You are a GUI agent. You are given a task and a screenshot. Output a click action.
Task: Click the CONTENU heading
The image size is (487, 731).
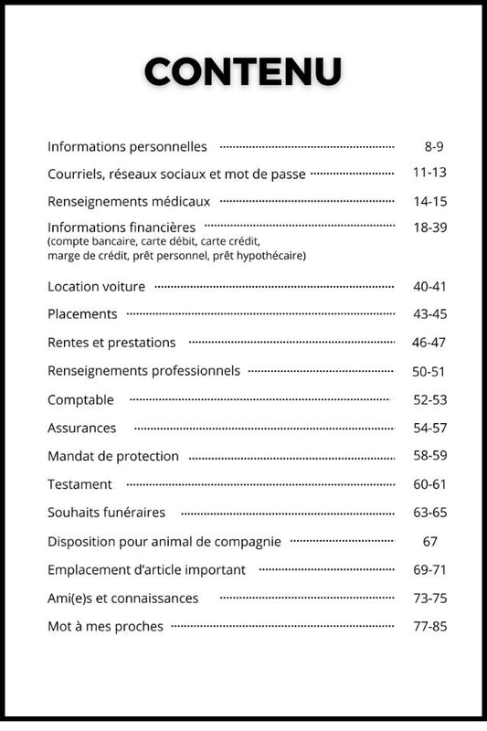pyautogui.click(x=243, y=70)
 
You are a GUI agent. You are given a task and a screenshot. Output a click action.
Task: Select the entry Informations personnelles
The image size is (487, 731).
pyautogui.click(x=127, y=146)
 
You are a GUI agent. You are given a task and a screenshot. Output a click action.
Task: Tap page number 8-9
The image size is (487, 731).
pyautogui.click(x=434, y=146)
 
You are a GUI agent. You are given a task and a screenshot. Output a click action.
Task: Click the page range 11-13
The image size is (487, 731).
pyautogui.click(x=429, y=172)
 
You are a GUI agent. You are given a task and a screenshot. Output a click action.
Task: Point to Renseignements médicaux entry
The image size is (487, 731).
pyautogui.click(x=129, y=201)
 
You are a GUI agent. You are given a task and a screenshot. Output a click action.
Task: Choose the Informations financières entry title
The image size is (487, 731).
pyautogui.click(x=122, y=227)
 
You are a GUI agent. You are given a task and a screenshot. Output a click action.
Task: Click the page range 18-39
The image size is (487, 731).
pyautogui.click(x=429, y=227)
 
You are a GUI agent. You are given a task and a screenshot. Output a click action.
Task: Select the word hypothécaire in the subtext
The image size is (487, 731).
pyautogui.click(x=271, y=256)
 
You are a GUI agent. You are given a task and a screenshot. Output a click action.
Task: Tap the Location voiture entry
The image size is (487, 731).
pyautogui.click(x=96, y=286)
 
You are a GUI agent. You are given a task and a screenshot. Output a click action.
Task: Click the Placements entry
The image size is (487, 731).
pyautogui.click(x=82, y=313)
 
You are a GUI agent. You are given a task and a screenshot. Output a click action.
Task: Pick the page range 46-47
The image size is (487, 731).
pyautogui.click(x=429, y=343)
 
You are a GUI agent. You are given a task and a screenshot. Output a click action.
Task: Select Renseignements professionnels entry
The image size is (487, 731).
pyautogui.click(x=143, y=371)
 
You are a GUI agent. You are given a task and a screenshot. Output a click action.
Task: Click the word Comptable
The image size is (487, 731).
pyautogui.click(x=80, y=399)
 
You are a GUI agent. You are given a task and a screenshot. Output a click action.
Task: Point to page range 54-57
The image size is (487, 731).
pyautogui.click(x=429, y=428)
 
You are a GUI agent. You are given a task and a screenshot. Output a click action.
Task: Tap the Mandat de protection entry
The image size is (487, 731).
pyautogui.click(x=113, y=456)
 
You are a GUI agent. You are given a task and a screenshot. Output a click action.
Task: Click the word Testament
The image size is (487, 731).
pyautogui.click(x=79, y=484)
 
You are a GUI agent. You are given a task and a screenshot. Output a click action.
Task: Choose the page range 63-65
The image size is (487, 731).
pyautogui.click(x=429, y=513)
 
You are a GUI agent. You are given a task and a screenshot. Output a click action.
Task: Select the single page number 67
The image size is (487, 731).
pyautogui.click(x=430, y=541)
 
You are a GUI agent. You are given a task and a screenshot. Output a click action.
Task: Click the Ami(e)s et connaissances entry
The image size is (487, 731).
pyautogui.click(x=122, y=598)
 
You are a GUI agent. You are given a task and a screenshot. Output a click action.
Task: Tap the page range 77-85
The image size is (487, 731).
pyautogui.click(x=429, y=626)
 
